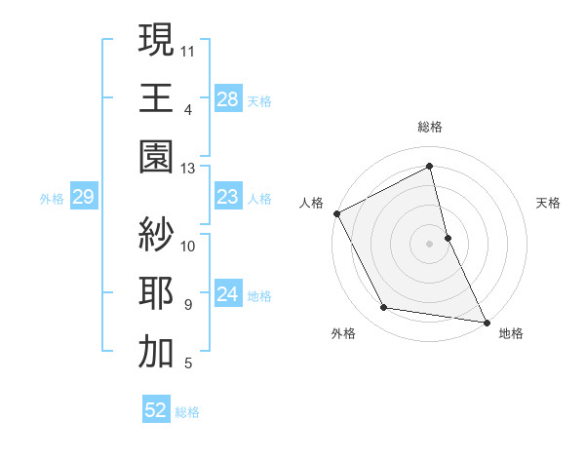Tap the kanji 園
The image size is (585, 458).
point(156,156)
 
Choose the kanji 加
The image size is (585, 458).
point(156,352)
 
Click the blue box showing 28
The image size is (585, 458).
point(228,98)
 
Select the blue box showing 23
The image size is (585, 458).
point(228,197)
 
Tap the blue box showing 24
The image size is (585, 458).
point(228,294)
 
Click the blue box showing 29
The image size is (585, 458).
point(84,197)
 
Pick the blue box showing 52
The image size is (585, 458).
point(156,410)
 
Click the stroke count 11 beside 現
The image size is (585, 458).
point(188,49)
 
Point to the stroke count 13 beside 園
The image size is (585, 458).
point(188,168)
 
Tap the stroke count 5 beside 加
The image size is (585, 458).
point(188,364)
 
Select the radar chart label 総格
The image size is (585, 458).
point(430,127)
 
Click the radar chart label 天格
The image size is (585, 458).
point(548,203)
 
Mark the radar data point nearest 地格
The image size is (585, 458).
point(486,321)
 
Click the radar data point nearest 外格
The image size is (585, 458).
point(384,309)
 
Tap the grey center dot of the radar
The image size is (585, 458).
point(430,243)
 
